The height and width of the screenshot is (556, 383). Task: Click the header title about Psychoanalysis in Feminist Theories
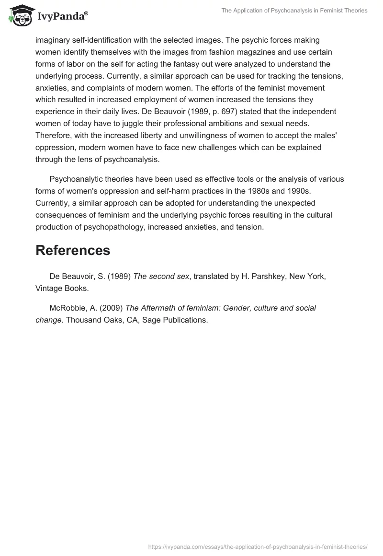point(294,11)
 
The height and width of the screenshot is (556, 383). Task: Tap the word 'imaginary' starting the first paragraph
point(52,40)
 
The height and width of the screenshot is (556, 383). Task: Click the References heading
point(73,250)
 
